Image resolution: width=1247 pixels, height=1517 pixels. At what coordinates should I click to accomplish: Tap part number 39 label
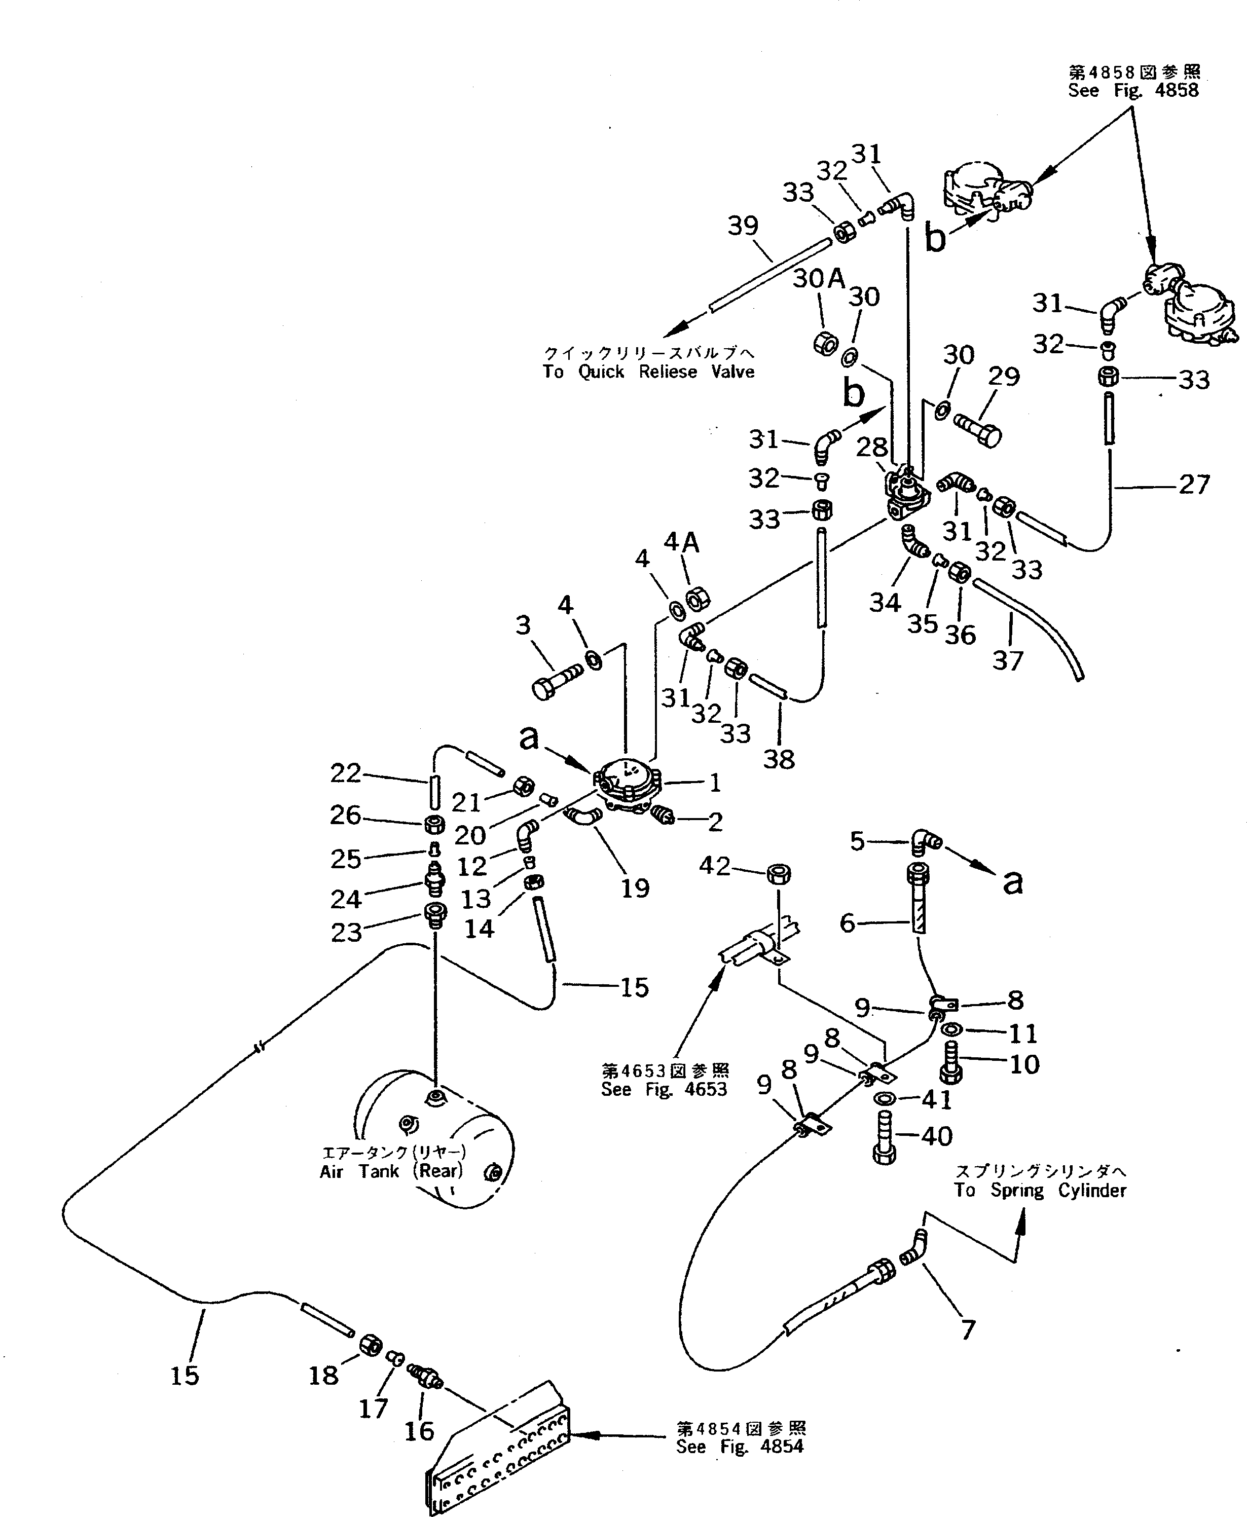(743, 226)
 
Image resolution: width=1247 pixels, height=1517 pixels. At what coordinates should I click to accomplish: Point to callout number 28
(872, 448)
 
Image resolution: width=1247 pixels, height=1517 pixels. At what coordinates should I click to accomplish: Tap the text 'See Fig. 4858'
(1133, 91)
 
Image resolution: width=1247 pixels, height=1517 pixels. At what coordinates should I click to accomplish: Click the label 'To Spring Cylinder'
(1040, 1190)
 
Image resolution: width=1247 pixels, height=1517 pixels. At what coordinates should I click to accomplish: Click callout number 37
(1007, 660)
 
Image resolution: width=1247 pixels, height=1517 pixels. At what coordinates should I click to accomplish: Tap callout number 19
(635, 888)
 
